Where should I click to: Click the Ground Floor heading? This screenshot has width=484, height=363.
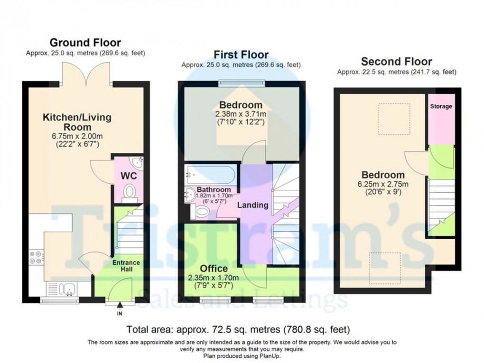pyautogui.click(x=85, y=43)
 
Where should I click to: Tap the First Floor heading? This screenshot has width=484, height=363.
pyautogui.click(x=241, y=55)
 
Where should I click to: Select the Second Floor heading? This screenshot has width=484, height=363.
pyautogui.click(x=396, y=62)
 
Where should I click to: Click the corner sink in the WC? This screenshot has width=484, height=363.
pyautogui.click(x=138, y=163)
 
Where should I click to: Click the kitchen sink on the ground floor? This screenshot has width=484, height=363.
pyautogui.click(x=64, y=288)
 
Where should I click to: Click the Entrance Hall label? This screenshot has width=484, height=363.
pyautogui.click(x=126, y=266)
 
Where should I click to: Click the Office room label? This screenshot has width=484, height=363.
pyautogui.click(x=214, y=268)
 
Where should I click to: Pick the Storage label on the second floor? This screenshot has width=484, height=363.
pyautogui.click(x=441, y=107)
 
